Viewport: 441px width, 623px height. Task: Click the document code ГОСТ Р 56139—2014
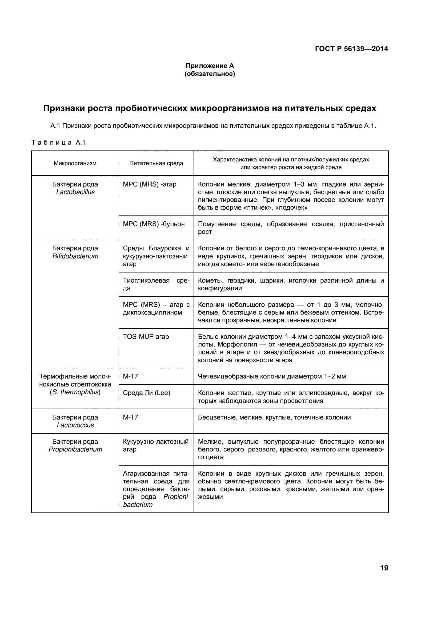pos(351,49)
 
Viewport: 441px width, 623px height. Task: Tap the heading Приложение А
pos(210,66)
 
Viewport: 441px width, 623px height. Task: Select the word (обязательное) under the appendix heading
pos(210,74)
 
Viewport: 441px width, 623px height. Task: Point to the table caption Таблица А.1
pos(59,142)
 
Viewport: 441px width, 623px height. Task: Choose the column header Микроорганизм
pos(75,163)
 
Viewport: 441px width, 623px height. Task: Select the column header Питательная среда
pos(156,163)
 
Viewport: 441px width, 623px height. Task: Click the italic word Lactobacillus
pos(75,192)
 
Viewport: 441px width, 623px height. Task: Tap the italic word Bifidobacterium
pos(75,256)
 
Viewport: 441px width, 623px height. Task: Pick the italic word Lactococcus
pos(75,425)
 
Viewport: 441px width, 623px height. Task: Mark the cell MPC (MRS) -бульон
pos(154,224)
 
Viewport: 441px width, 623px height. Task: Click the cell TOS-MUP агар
pos(146,337)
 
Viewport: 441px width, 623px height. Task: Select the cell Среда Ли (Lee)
pos(147,393)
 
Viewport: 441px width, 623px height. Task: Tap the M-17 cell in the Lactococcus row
pos(130,417)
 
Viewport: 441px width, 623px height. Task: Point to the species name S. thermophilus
pos(75,392)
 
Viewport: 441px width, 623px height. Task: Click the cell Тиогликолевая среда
pos(156,284)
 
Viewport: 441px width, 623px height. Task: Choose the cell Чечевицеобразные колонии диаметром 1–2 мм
pos(272,376)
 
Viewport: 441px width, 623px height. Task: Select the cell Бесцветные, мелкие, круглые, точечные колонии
pos(274,417)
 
